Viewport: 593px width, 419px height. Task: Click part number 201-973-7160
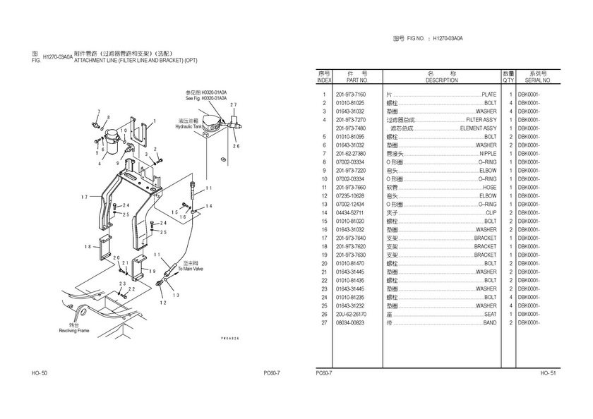pyautogui.click(x=351, y=95)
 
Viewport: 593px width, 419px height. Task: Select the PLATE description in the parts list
pyautogui.click(x=489, y=95)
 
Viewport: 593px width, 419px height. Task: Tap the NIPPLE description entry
pyautogui.click(x=488, y=154)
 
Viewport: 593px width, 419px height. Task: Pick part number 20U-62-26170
pyautogui.click(x=351, y=315)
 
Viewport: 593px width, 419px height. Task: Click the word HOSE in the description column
pyautogui.click(x=489, y=188)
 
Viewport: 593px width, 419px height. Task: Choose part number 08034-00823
pyautogui.click(x=351, y=323)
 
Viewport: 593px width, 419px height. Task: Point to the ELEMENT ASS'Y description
pyautogui.click(x=478, y=128)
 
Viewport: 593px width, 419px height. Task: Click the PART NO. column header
pyautogui.click(x=351, y=80)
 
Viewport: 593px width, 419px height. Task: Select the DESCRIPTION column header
pyautogui.click(x=442, y=80)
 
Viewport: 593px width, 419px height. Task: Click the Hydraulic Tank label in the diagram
pyautogui.click(x=189, y=126)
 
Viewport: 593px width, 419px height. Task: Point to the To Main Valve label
pyautogui.click(x=190, y=268)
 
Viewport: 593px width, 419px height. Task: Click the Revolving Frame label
pyautogui.click(x=73, y=329)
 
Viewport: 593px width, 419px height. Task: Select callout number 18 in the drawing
pyautogui.click(x=88, y=246)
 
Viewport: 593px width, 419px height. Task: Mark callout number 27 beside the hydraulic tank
pyautogui.click(x=233, y=104)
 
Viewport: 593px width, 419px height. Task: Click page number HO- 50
pyautogui.click(x=40, y=372)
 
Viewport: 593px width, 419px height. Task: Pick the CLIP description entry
pyautogui.click(x=491, y=213)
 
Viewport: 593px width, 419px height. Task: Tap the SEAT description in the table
pyautogui.click(x=490, y=315)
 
